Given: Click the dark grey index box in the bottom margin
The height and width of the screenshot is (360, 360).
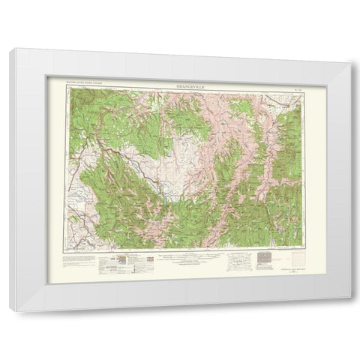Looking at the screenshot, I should click(x=265, y=259).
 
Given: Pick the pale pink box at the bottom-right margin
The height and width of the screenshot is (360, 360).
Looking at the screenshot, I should click(x=290, y=256).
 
